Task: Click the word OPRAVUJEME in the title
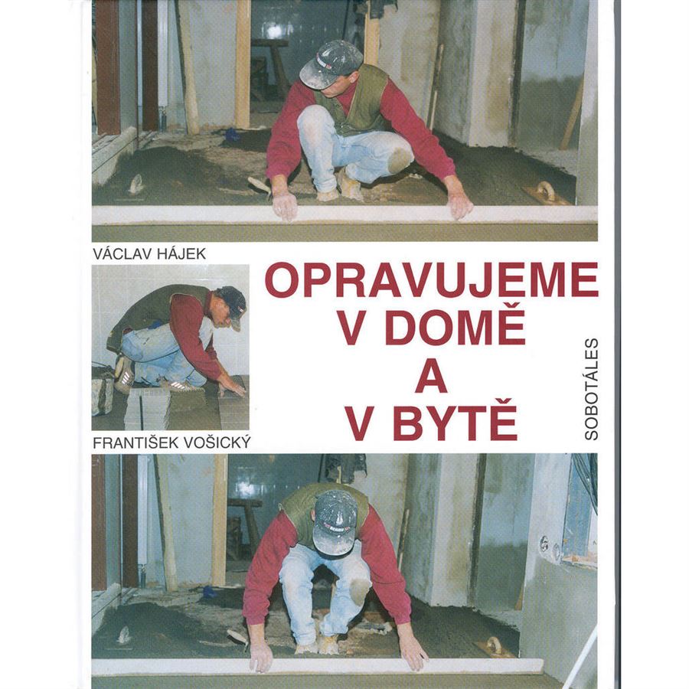[432, 279]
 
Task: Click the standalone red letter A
[432, 375]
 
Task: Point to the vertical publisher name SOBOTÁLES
[592, 388]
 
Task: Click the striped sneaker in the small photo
[123, 374]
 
